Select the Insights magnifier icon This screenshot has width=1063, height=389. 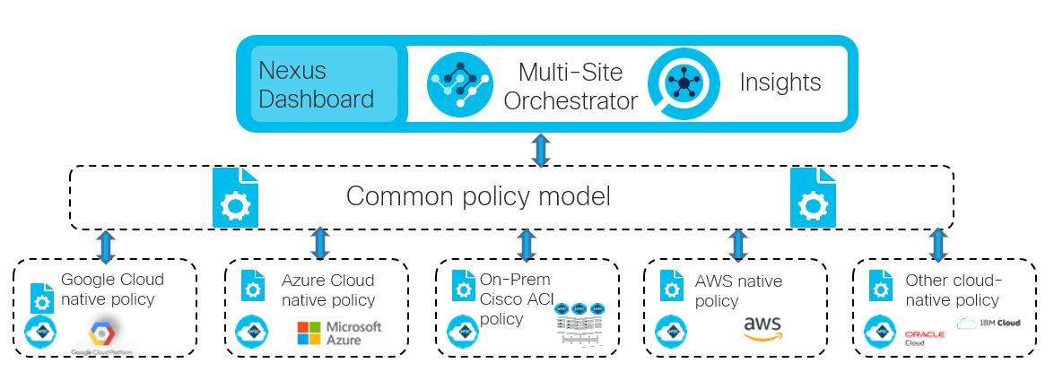click(684, 83)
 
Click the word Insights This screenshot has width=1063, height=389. click(780, 83)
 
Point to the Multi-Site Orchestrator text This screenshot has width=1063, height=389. click(570, 86)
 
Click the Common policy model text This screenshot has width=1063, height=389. click(478, 196)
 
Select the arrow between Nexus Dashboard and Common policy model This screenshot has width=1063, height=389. click(539, 149)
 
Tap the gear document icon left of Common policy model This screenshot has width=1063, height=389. click(234, 198)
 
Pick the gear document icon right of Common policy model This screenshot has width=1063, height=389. click(813, 198)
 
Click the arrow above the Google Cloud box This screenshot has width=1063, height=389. click(105, 245)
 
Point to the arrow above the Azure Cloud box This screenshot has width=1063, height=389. click(319, 244)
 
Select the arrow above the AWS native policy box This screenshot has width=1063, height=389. click(737, 244)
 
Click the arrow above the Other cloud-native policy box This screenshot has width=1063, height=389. click(937, 244)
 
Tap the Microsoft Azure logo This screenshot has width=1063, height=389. click(339, 333)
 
